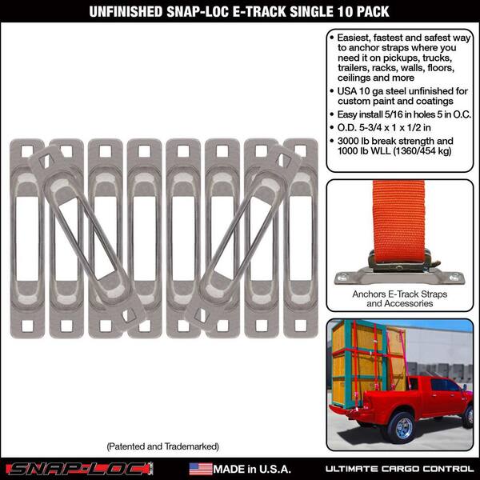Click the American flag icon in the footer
[x=201, y=469]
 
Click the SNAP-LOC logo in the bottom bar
[x=79, y=469]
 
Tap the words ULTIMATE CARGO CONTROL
[x=399, y=469]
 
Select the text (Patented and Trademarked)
[x=163, y=446]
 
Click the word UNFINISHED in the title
[x=126, y=12]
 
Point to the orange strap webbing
[x=398, y=216]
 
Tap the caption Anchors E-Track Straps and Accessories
[x=399, y=298]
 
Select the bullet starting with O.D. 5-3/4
[x=381, y=128]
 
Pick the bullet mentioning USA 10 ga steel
[x=399, y=96]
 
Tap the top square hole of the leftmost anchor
[x=27, y=151]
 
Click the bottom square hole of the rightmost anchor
[x=300, y=326]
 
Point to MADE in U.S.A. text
[x=252, y=469]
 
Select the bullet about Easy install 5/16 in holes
[x=401, y=114]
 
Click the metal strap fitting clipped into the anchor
[x=399, y=261]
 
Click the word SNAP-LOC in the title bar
[x=198, y=12]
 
